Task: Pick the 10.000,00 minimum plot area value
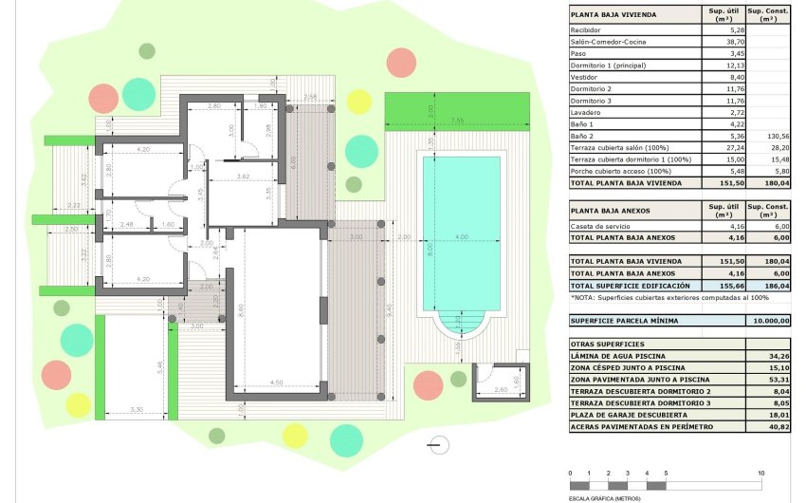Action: [x=769, y=321]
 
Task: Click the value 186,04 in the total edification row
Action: [x=769, y=285]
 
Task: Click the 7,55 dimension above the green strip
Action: [x=457, y=121]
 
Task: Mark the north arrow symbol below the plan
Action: [x=435, y=443]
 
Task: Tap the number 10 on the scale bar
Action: [x=760, y=473]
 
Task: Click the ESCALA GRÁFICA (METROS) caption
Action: [x=604, y=498]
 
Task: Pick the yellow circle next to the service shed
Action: [x=459, y=380]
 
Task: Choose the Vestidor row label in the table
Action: [x=583, y=79]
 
